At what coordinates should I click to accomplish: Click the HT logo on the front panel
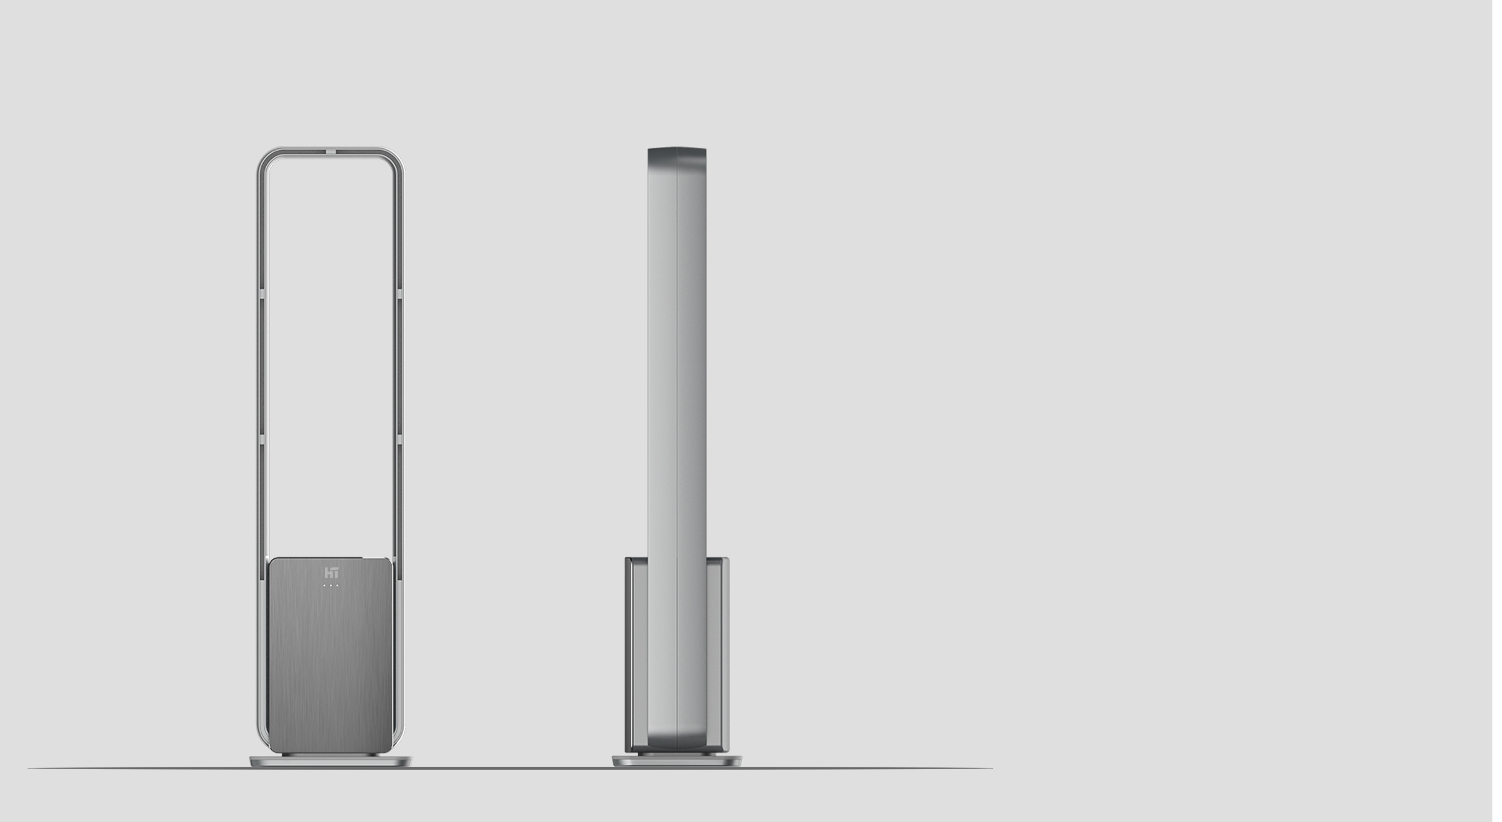[x=331, y=573]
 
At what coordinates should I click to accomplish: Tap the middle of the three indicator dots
[x=331, y=585]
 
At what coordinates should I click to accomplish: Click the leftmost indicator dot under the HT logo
[x=324, y=585]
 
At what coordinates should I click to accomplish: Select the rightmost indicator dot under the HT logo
[x=338, y=585]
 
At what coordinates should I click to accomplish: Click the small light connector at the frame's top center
[x=331, y=151]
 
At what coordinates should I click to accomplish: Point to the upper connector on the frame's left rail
[x=261, y=294]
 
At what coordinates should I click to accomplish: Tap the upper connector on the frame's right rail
[x=400, y=294]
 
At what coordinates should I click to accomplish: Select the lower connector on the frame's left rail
[x=261, y=443]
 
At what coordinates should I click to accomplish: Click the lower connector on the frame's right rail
[x=400, y=443]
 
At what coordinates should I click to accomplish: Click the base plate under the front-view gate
[x=331, y=761]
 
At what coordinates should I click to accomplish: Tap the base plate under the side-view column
[x=677, y=761]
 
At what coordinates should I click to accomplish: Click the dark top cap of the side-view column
[x=677, y=157]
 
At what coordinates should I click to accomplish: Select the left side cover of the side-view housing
[x=636, y=654]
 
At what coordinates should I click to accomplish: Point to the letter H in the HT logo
[x=328, y=573]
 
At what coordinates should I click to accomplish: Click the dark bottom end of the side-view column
[x=677, y=745]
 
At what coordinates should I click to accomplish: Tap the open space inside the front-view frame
[x=331, y=360]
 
